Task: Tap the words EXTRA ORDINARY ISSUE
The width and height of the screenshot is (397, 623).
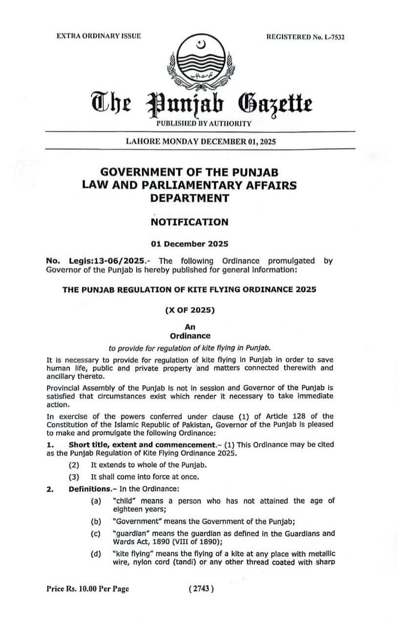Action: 99,36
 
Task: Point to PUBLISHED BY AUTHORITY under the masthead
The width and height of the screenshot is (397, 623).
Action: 204,124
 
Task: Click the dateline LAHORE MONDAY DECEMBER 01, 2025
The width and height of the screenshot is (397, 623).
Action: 201,142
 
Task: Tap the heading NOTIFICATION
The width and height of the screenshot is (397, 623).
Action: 189,222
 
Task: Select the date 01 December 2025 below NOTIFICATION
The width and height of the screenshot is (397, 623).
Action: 189,243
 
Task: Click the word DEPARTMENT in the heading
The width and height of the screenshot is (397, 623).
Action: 189,198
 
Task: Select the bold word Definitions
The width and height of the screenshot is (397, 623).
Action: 89,489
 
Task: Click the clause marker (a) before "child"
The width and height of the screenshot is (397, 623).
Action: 96,501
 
